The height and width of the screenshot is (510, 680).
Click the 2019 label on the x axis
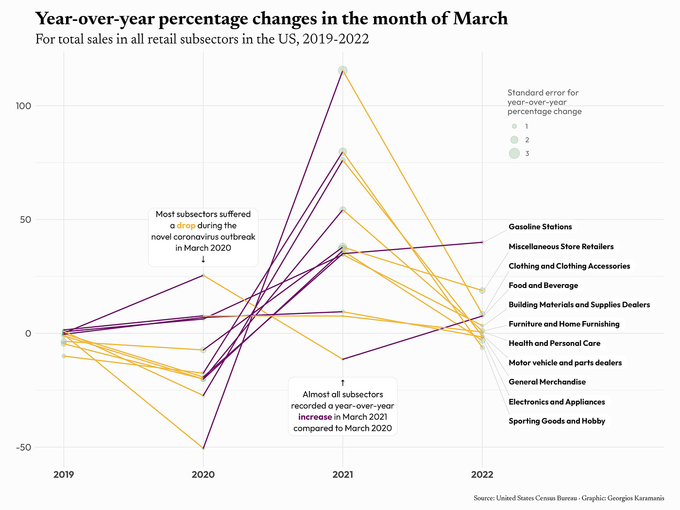pyautogui.click(x=64, y=475)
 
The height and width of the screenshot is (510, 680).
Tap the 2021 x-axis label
pyautogui.click(x=342, y=475)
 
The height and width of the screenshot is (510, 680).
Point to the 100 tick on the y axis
pyautogui.click(x=23, y=106)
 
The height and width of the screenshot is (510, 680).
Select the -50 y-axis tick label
pyautogui.click(x=23, y=447)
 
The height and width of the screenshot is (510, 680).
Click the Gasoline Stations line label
pyautogui.click(x=540, y=227)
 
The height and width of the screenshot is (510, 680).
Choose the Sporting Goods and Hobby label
pyautogui.click(x=557, y=421)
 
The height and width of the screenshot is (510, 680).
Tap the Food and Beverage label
pyautogui.click(x=543, y=285)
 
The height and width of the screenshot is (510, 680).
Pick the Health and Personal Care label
pyautogui.click(x=554, y=343)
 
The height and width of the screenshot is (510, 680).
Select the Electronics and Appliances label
pyautogui.click(x=557, y=402)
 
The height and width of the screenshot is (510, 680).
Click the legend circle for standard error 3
pyautogui.click(x=514, y=153)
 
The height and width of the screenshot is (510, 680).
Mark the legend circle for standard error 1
pyautogui.click(x=514, y=126)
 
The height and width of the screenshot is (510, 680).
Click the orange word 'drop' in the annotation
pyautogui.click(x=186, y=225)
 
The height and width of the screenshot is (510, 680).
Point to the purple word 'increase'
pyautogui.click(x=315, y=417)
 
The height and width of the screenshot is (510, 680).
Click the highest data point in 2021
pyautogui.click(x=342, y=70)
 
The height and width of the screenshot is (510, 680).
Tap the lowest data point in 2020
pyautogui.click(x=203, y=448)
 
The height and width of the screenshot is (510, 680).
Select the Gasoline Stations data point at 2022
pyautogui.click(x=482, y=242)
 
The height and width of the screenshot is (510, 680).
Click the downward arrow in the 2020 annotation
pyautogui.click(x=203, y=259)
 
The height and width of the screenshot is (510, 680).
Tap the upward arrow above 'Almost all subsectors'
pyautogui.click(x=342, y=383)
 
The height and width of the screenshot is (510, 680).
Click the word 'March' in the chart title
pyautogui.click(x=480, y=18)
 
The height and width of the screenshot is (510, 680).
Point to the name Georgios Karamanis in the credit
pyautogui.click(x=636, y=498)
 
